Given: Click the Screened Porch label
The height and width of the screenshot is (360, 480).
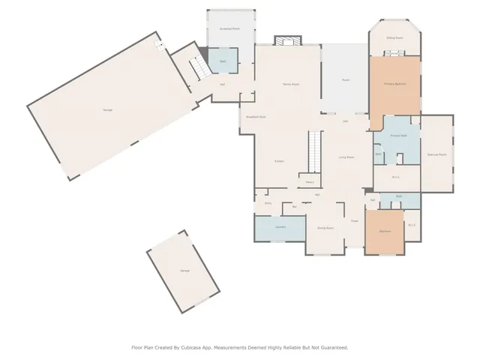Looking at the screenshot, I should [229, 28].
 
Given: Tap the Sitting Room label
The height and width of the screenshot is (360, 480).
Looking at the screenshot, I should [394, 37].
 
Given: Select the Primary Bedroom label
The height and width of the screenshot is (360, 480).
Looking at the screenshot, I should [394, 84].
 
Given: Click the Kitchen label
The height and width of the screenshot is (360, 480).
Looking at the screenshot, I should [278, 161].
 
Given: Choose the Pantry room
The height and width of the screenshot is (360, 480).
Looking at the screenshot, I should [309, 181].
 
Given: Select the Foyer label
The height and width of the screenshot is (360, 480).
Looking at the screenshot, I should [354, 220].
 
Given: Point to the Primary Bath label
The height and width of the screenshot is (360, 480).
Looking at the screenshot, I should [397, 136].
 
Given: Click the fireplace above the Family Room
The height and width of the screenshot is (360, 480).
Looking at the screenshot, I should [287, 40].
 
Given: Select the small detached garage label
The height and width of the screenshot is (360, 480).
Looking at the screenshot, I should [184, 270].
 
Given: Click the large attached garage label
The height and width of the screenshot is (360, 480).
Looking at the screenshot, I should [108, 110].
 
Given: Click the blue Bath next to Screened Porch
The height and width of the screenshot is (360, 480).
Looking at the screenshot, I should [223, 61].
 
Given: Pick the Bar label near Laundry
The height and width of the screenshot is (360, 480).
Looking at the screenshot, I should [295, 206].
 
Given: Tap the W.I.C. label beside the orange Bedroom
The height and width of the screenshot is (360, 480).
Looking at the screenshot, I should [411, 225].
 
